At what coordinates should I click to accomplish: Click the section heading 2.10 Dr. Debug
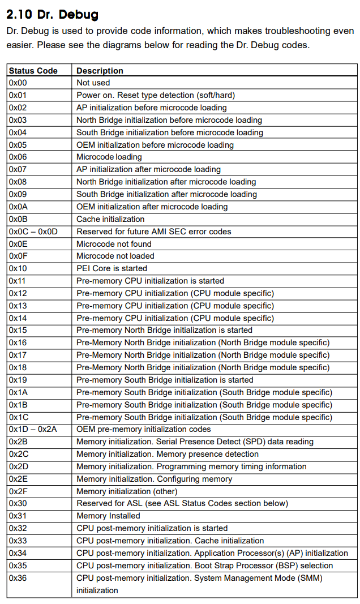click(x=52, y=14)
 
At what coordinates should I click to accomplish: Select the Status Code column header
click(x=33, y=71)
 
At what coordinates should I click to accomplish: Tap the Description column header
click(x=100, y=71)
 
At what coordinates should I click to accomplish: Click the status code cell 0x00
click(x=18, y=83)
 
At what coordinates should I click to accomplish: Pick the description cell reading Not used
click(x=93, y=83)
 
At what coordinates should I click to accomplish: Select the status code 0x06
click(x=18, y=157)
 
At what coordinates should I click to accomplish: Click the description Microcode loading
click(x=109, y=157)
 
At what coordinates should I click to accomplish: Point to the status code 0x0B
click(x=18, y=219)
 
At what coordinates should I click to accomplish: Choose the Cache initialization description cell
click(x=110, y=219)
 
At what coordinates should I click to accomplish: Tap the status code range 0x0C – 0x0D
click(x=33, y=232)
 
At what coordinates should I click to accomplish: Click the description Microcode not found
click(x=114, y=244)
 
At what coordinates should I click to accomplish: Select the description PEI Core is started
click(x=112, y=268)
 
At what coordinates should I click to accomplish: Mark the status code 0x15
click(x=18, y=330)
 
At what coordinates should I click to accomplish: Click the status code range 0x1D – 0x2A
click(x=33, y=429)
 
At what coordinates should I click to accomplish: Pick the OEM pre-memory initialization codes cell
click(x=144, y=429)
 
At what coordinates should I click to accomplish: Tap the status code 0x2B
click(x=18, y=442)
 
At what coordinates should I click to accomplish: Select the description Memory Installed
click(x=108, y=516)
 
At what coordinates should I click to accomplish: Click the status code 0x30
click(x=18, y=503)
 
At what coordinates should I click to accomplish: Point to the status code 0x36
click(x=18, y=578)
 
